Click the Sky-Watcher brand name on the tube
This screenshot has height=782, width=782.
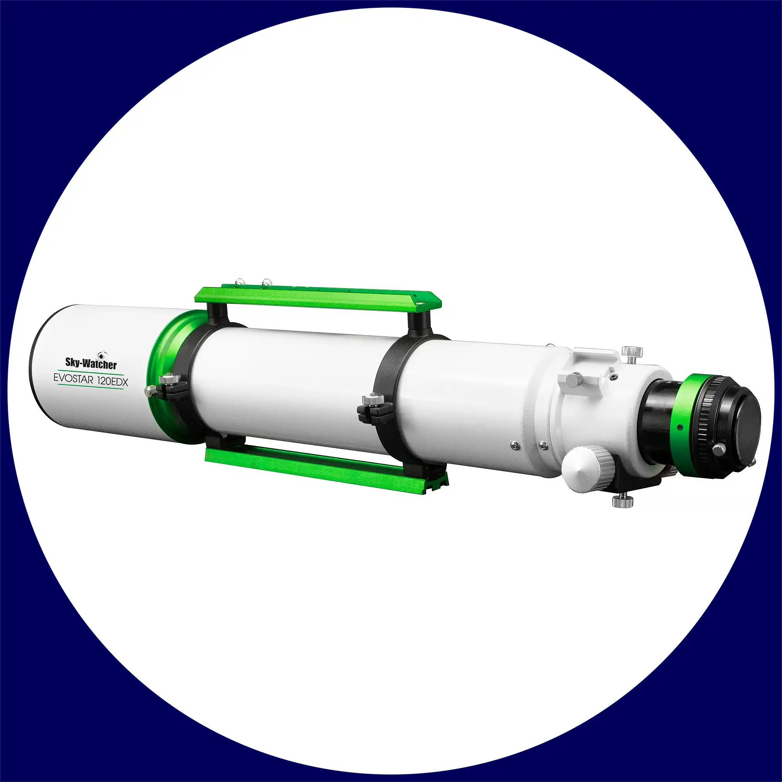(91, 363)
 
